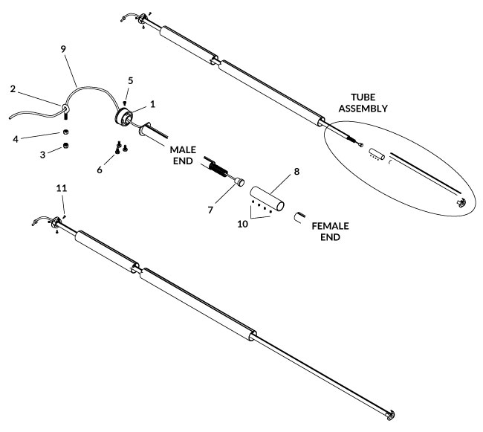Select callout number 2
(13, 88)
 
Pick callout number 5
(130, 79)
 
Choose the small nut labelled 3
(65, 146)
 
